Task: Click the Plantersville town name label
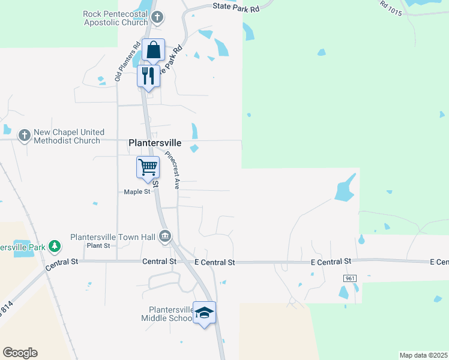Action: click(155, 143)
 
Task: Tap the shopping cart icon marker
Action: click(148, 167)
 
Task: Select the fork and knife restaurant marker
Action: click(148, 76)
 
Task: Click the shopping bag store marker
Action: click(154, 50)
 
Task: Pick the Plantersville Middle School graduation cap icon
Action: click(204, 313)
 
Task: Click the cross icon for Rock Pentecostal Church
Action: click(157, 17)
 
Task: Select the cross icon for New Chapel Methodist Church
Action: click(24, 136)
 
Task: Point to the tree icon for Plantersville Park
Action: click(55, 246)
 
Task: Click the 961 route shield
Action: click(351, 279)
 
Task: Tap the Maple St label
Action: click(136, 192)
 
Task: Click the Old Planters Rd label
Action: click(128, 61)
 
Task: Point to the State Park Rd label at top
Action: click(236, 8)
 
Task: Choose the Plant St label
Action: click(98, 246)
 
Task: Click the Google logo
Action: click(20, 353)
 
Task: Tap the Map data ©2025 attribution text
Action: click(423, 355)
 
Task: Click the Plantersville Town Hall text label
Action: click(113, 237)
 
